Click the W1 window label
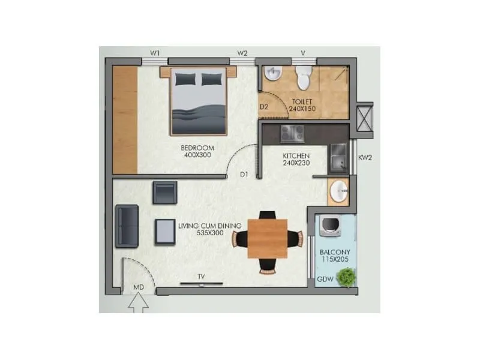(155, 53)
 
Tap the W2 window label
(242, 53)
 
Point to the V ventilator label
(304, 53)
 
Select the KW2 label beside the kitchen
(365, 158)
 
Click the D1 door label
(244, 175)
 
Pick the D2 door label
(263, 107)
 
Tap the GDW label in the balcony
(325, 279)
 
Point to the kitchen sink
(338, 157)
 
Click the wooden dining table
(267, 238)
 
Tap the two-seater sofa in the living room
(127, 225)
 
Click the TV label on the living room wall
(202, 277)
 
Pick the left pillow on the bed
(185, 79)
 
